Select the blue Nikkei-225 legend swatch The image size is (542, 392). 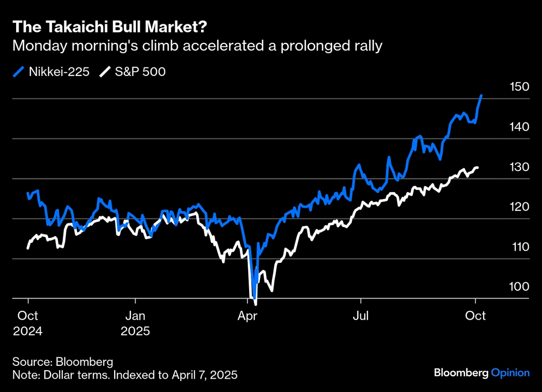(x=19, y=72)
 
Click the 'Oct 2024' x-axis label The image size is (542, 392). (x=28, y=323)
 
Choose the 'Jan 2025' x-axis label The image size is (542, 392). (x=135, y=323)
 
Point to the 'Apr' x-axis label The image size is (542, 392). (x=249, y=316)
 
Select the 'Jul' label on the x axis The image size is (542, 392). (x=361, y=316)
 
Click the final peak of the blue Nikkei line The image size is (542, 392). (x=481, y=96)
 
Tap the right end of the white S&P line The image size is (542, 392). (x=477, y=167)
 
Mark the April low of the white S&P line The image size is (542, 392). (x=256, y=304)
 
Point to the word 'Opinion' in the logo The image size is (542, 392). (x=510, y=373)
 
